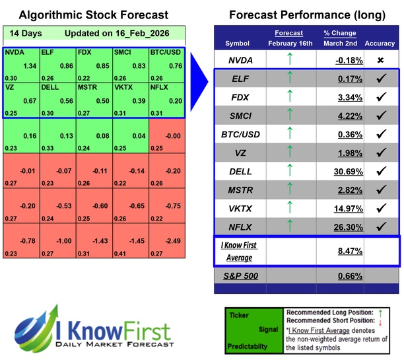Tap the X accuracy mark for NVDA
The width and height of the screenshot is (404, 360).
click(x=381, y=61)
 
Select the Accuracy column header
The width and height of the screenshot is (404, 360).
click(x=381, y=44)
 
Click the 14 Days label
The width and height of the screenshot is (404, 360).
click(x=24, y=34)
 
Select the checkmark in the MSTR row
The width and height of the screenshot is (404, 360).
click(x=381, y=190)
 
